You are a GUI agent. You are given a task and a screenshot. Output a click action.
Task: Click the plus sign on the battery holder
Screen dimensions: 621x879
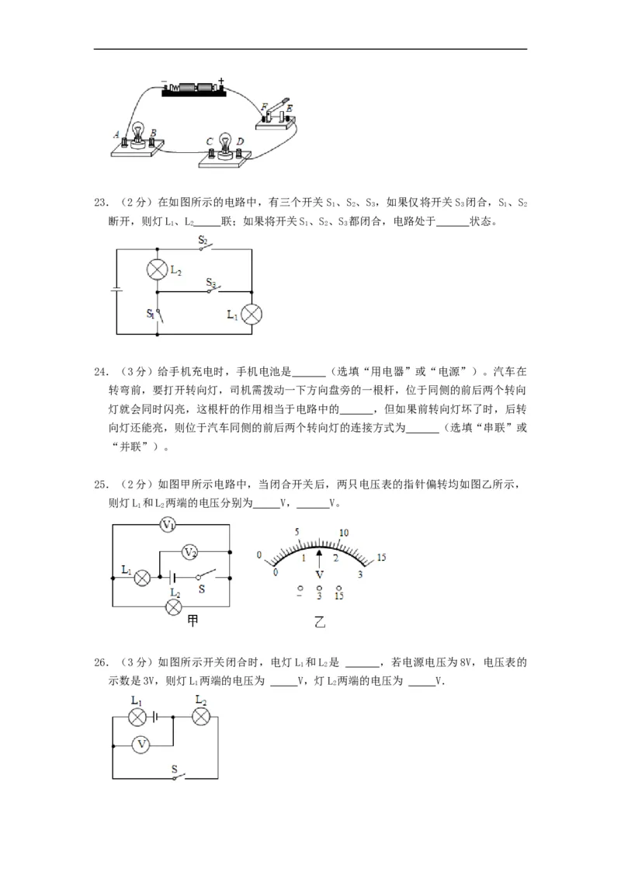221,80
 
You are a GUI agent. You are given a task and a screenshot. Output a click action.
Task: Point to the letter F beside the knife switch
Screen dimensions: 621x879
264,106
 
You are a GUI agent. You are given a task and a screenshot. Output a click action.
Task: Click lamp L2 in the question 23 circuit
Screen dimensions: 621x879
158,270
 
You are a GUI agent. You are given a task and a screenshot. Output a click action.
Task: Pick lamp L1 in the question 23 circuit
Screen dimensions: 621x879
252,314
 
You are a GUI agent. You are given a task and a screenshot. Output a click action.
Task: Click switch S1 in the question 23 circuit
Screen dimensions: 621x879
157,314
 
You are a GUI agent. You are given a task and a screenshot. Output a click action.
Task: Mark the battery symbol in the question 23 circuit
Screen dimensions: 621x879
116,291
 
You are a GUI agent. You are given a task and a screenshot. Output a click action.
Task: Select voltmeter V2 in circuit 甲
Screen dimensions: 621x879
190,551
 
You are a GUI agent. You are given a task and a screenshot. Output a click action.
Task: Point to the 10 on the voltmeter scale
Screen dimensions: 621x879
345,533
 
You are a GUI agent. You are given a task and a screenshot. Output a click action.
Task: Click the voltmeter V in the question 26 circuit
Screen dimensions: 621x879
141,744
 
